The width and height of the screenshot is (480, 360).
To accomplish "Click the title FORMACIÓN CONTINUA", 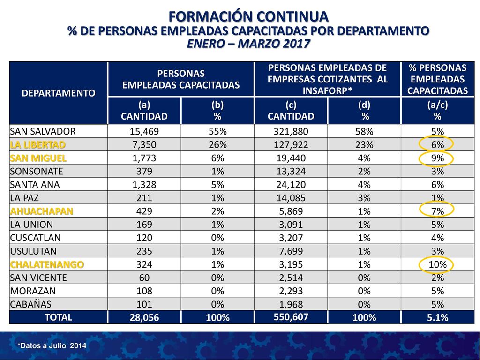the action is click(248, 16).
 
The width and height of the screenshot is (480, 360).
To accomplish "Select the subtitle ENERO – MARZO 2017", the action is click(248, 44).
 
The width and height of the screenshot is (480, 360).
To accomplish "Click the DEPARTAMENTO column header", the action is click(59, 93).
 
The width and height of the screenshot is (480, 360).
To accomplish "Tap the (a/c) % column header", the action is click(437, 111).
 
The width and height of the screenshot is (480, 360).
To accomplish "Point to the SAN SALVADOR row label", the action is click(43, 131).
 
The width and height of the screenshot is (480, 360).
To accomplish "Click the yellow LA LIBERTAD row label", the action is click(37, 144).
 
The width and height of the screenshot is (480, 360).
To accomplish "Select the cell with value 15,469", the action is click(144, 131).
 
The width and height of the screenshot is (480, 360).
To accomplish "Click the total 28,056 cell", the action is click(144, 317).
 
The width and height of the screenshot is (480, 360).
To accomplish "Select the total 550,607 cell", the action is click(291, 317).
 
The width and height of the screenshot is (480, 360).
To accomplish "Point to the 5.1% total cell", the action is click(437, 317).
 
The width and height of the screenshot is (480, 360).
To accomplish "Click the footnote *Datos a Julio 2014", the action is click(52, 346).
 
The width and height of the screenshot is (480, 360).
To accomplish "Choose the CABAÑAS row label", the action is click(30, 304).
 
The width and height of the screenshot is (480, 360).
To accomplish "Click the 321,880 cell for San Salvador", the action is click(291, 131).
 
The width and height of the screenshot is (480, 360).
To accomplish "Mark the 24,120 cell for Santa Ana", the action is click(291, 185).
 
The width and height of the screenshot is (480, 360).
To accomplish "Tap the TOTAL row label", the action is click(59, 317).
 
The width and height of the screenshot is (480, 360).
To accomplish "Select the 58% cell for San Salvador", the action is click(364, 131).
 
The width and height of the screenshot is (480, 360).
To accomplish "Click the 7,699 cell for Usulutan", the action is click(291, 251).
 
